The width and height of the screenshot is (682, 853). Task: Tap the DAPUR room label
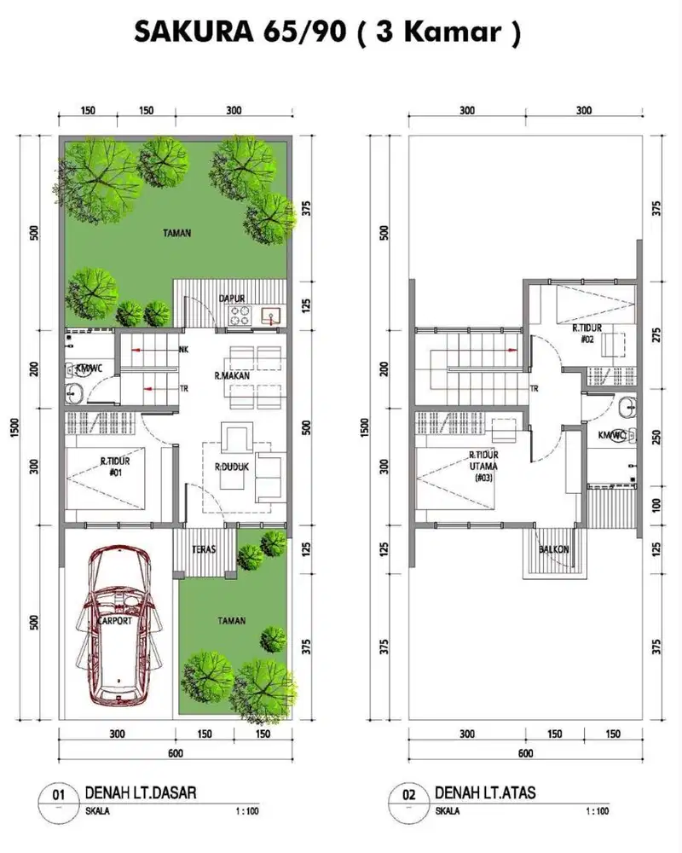[232, 298]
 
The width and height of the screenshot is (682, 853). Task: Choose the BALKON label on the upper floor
[554, 550]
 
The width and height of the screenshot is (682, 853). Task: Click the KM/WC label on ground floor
[89, 369]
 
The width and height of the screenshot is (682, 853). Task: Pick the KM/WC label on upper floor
[612, 435]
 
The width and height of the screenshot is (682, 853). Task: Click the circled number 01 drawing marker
[59, 795]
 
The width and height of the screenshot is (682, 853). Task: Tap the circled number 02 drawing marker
[408, 795]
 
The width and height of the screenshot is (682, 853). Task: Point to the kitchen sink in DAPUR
[272, 318]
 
